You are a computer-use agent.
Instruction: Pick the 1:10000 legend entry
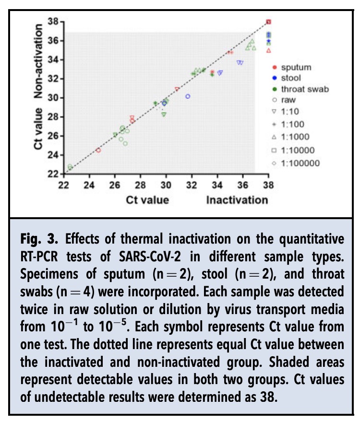point(297,150)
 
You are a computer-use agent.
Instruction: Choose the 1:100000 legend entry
point(300,163)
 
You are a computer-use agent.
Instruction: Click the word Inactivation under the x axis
point(237,199)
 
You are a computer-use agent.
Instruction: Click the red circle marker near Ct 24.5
point(98,150)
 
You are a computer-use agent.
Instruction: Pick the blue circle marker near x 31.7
point(188,96)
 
